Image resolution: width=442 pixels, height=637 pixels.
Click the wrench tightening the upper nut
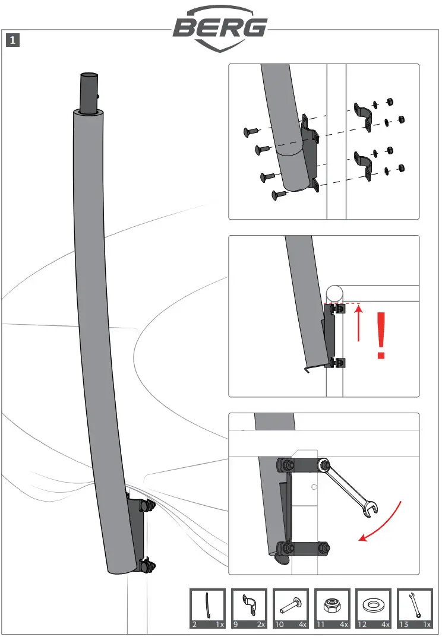coord(350,487)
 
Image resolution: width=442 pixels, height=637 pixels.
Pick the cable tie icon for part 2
coord(207,605)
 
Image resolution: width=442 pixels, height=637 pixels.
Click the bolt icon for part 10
coord(291,605)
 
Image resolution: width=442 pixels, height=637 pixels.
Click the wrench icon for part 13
coord(414,605)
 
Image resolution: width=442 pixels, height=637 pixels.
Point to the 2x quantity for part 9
coord(260,625)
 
